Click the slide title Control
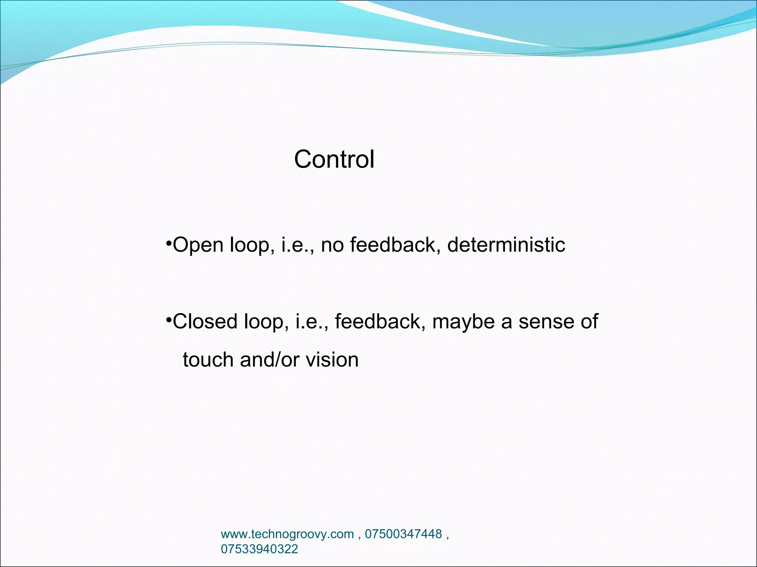tap(334, 159)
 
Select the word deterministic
tap(506, 245)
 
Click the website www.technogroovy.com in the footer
tap(287, 534)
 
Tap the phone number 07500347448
tap(403, 534)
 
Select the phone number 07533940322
tap(259, 549)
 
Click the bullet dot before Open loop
tap(168, 242)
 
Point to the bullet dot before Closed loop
tap(168, 319)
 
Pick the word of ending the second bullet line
tap(589, 322)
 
